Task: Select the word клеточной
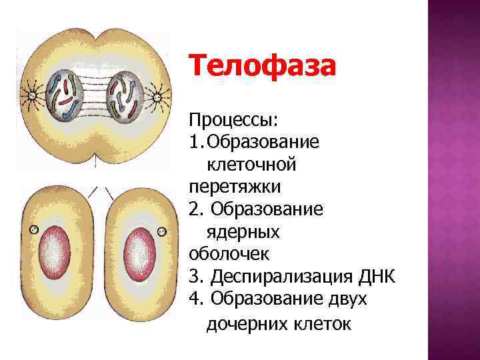(x=252, y=163)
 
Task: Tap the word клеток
(x=323, y=325)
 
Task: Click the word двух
(x=347, y=299)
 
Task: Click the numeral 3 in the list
(x=195, y=276)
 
